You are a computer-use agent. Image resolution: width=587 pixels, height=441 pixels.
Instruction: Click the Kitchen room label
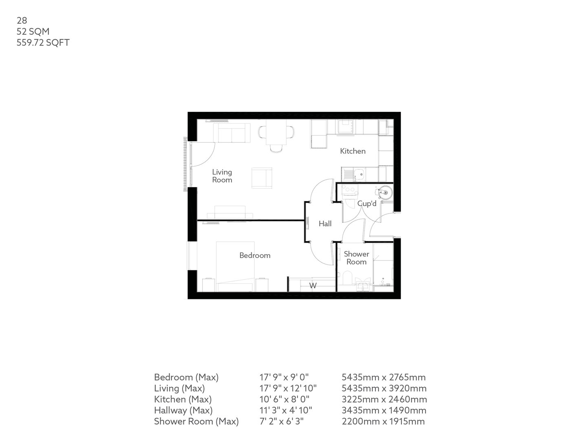pyautogui.click(x=353, y=151)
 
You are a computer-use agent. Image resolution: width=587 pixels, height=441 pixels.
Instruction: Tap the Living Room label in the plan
pyautogui.click(x=222, y=176)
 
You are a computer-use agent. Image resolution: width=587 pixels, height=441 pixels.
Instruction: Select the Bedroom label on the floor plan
pyautogui.click(x=255, y=256)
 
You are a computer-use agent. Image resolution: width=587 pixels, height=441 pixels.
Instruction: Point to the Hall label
pyautogui.click(x=325, y=224)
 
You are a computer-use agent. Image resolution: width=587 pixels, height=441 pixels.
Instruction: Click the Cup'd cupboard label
pyautogui.click(x=366, y=203)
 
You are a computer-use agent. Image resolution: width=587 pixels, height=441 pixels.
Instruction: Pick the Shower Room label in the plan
pyautogui.click(x=356, y=258)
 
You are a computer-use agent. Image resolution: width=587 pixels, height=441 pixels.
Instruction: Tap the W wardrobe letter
pyautogui.click(x=313, y=286)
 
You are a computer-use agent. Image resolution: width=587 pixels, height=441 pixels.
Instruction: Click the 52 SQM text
pyautogui.click(x=33, y=31)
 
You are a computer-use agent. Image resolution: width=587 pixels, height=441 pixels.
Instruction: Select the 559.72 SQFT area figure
pyautogui.click(x=43, y=42)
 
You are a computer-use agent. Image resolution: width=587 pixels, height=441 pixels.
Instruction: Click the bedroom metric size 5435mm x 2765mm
pyautogui.click(x=384, y=377)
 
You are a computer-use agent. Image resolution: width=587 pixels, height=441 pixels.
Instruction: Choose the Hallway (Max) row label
pyautogui.click(x=183, y=410)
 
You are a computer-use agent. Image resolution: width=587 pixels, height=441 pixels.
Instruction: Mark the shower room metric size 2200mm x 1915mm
pyautogui.click(x=383, y=421)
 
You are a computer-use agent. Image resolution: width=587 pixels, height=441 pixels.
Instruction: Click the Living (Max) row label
pyautogui.click(x=179, y=388)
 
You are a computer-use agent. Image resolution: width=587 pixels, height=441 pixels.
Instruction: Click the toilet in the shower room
pyautogui.click(x=346, y=279)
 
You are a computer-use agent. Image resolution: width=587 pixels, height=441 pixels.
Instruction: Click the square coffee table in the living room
pyautogui.click(x=262, y=178)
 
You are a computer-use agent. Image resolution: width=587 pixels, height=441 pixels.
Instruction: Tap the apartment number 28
pyautogui.click(x=22, y=20)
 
